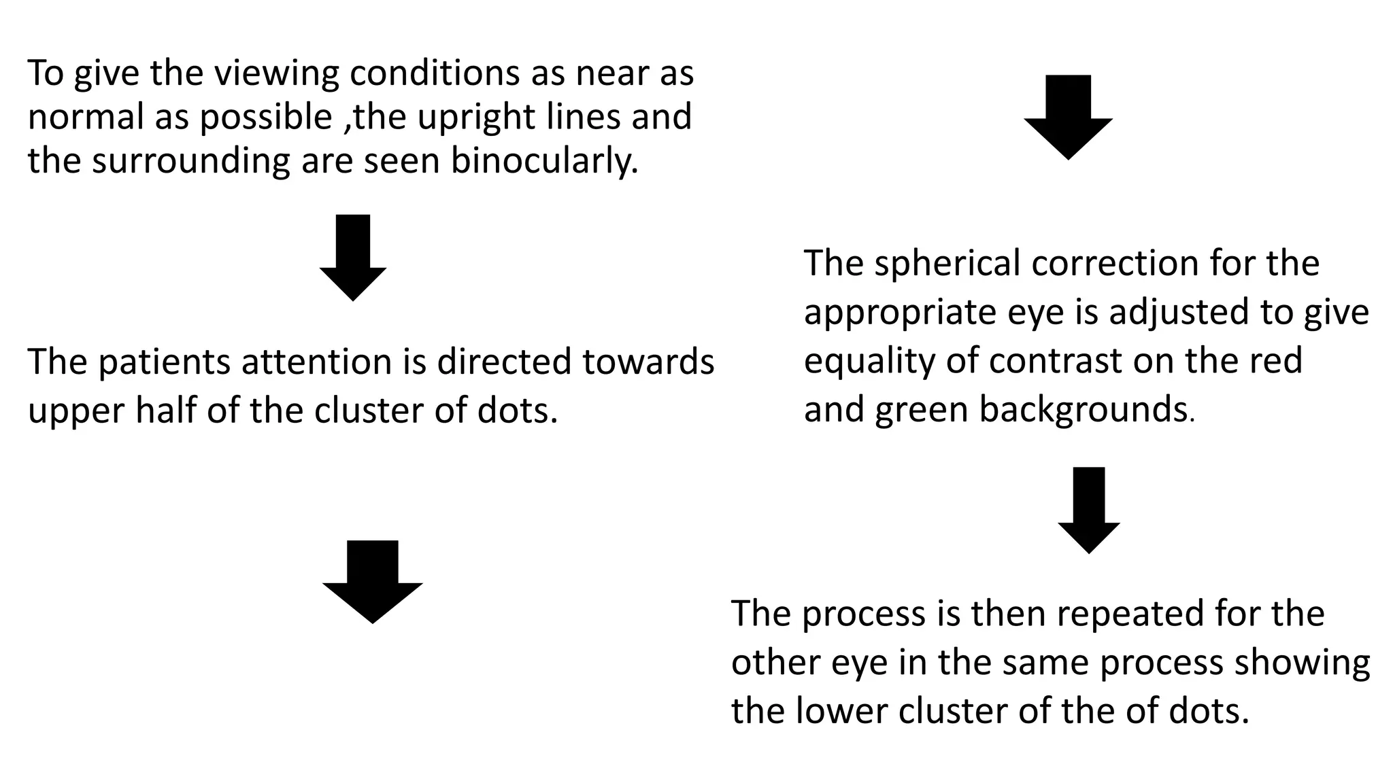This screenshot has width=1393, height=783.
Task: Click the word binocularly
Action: pos(544,161)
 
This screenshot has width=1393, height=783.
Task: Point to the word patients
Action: pos(163,362)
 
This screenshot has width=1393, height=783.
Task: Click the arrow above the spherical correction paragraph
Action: pos(1068,116)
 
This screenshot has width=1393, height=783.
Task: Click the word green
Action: pos(922,411)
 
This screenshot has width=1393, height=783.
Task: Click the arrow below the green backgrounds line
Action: pos(1088,509)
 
